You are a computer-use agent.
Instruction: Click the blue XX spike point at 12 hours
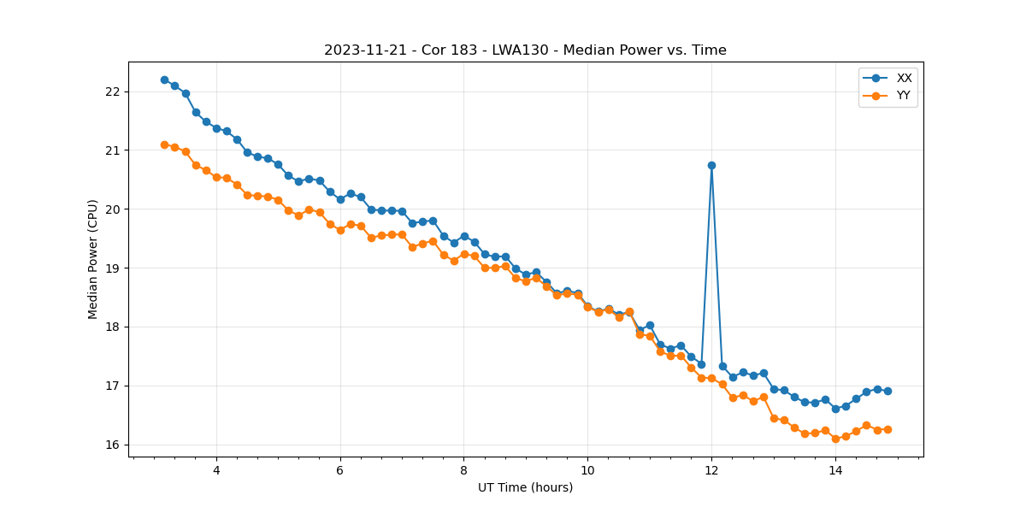tap(711, 165)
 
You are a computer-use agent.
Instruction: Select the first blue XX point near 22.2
tap(164, 80)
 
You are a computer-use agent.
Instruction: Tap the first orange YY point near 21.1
tap(164, 144)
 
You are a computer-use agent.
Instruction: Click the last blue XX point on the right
tap(887, 391)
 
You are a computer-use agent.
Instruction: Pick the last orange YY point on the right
tap(887, 429)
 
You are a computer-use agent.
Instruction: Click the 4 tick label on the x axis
tap(216, 469)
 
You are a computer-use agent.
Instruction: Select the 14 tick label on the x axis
tap(835, 469)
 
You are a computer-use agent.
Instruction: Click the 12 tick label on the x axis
tap(711, 469)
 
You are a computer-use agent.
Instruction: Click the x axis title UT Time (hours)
tap(525, 487)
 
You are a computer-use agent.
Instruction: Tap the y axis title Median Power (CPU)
tap(93, 259)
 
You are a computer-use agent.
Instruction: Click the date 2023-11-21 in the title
tap(359, 50)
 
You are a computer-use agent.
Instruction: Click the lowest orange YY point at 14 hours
tap(835, 439)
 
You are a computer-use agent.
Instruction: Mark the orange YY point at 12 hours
tap(711, 378)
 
